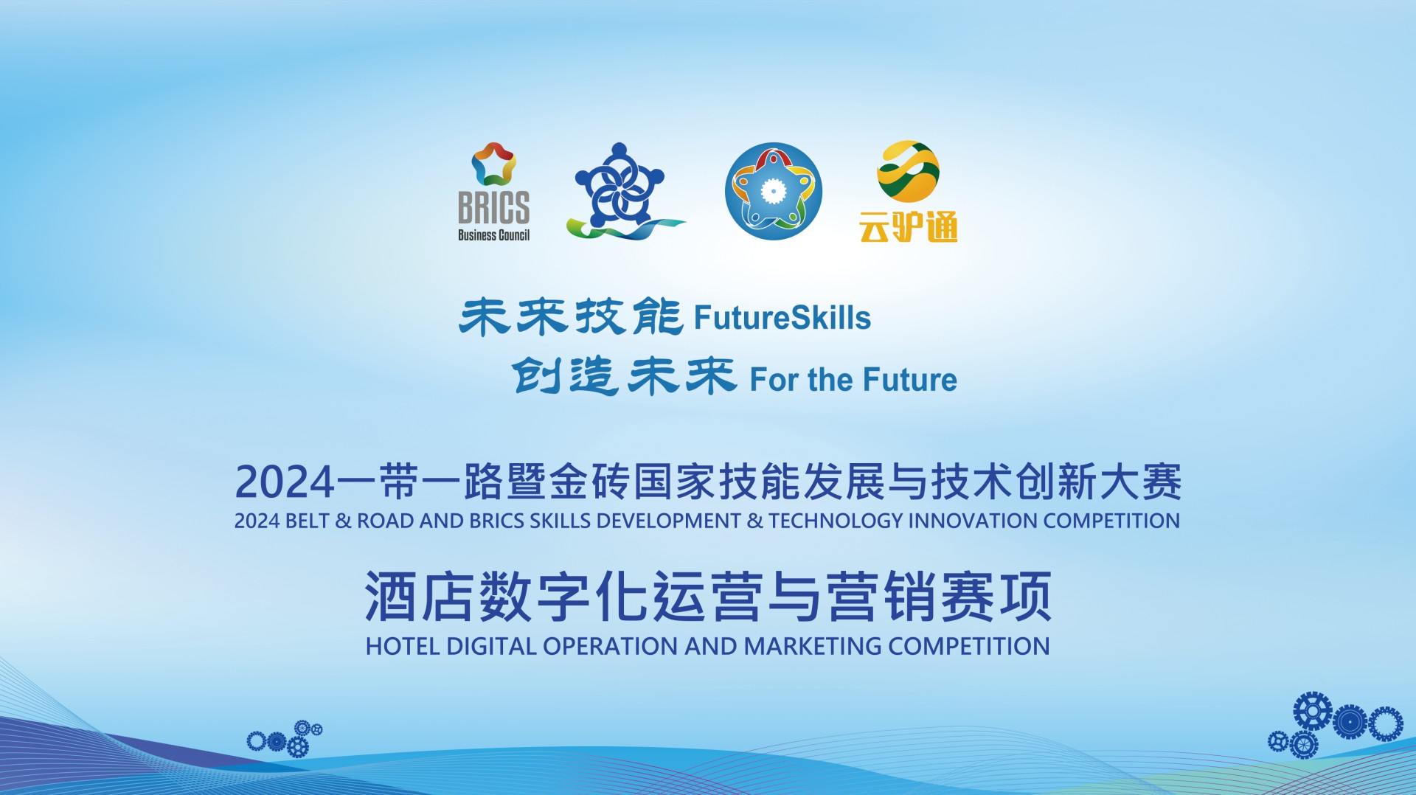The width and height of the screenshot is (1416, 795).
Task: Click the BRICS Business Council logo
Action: [x=493, y=192]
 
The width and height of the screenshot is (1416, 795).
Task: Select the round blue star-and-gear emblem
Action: [x=773, y=191]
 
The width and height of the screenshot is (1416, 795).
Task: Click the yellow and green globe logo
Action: [x=908, y=171]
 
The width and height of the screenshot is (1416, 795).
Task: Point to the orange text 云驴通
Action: [x=908, y=226]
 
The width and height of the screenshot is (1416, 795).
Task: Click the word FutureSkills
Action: [x=782, y=318]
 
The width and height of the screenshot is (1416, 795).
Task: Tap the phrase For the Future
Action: [x=853, y=380]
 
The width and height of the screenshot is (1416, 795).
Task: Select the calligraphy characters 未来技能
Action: [x=571, y=317]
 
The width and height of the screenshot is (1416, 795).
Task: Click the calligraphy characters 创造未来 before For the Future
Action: [x=624, y=376]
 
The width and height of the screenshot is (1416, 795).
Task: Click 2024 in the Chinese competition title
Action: [x=285, y=482]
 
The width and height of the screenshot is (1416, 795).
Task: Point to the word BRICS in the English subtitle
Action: [x=498, y=521]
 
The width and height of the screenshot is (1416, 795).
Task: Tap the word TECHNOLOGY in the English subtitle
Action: [x=836, y=521]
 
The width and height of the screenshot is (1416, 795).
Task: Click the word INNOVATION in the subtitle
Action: [x=973, y=521]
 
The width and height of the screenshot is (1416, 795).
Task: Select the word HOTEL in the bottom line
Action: [x=403, y=646]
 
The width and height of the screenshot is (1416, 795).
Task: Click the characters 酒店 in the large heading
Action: [x=419, y=597]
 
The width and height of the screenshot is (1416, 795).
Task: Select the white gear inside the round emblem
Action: [x=773, y=192]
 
